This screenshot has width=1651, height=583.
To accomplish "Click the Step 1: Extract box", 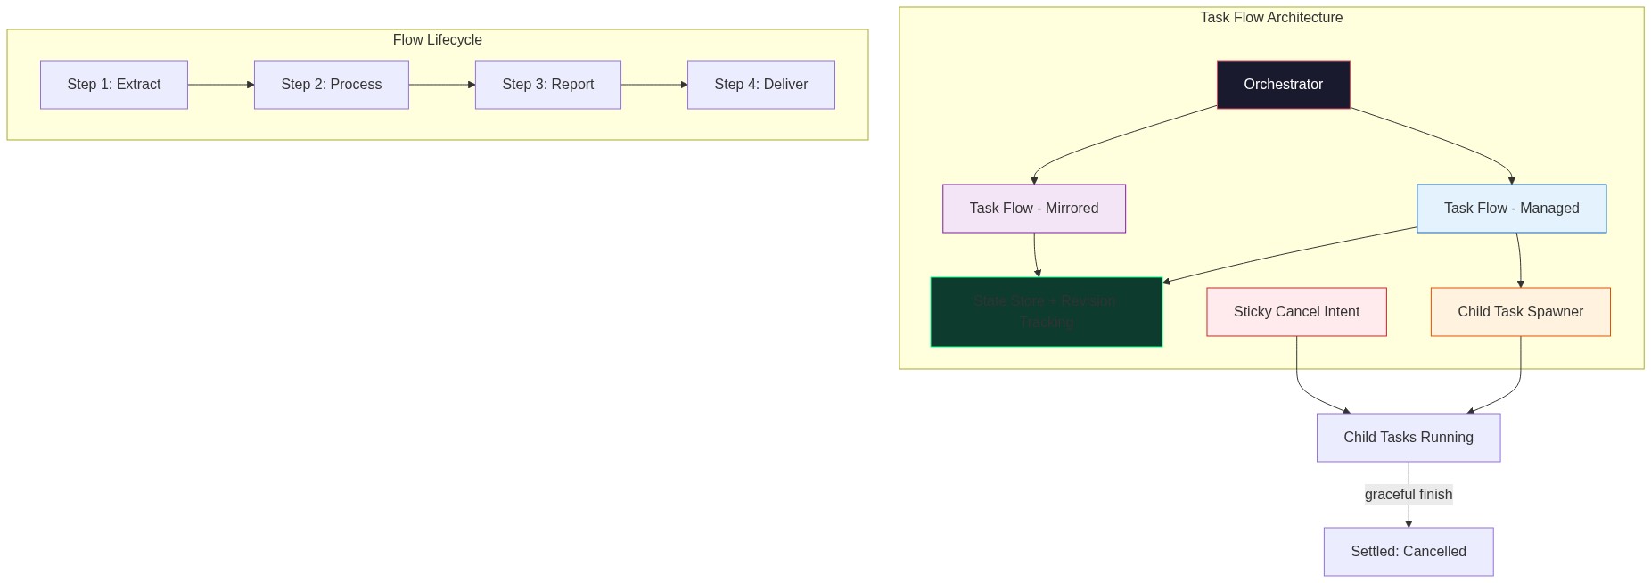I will click(x=114, y=85).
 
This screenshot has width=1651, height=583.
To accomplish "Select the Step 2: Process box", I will click(x=332, y=85).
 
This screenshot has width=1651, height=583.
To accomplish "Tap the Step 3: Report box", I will click(x=548, y=85).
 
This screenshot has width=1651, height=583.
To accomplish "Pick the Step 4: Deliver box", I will click(x=761, y=85).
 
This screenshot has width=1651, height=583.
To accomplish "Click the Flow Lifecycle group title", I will click(x=437, y=40).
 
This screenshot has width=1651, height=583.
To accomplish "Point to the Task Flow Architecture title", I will click(x=1271, y=18).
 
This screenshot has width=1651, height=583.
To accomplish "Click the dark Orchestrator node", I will click(x=1284, y=85).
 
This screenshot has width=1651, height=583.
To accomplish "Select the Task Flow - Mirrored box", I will click(x=1034, y=209).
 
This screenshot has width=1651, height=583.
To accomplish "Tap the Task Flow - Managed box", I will click(x=1512, y=209).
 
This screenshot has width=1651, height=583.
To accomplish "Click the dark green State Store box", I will click(x=1047, y=312).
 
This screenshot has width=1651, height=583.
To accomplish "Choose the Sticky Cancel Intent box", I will click(x=1297, y=312).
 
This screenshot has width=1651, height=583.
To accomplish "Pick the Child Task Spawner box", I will click(x=1521, y=312).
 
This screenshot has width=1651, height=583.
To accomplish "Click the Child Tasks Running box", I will click(x=1409, y=438).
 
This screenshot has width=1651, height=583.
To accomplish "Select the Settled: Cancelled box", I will click(x=1409, y=552).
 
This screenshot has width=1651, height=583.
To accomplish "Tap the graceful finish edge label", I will click(x=1409, y=495).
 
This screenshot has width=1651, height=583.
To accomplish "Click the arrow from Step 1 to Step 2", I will click(x=220, y=85).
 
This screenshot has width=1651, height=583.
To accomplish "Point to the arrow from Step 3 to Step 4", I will click(x=653, y=85).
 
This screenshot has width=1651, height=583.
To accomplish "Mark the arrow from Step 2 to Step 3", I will click(x=441, y=85).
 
